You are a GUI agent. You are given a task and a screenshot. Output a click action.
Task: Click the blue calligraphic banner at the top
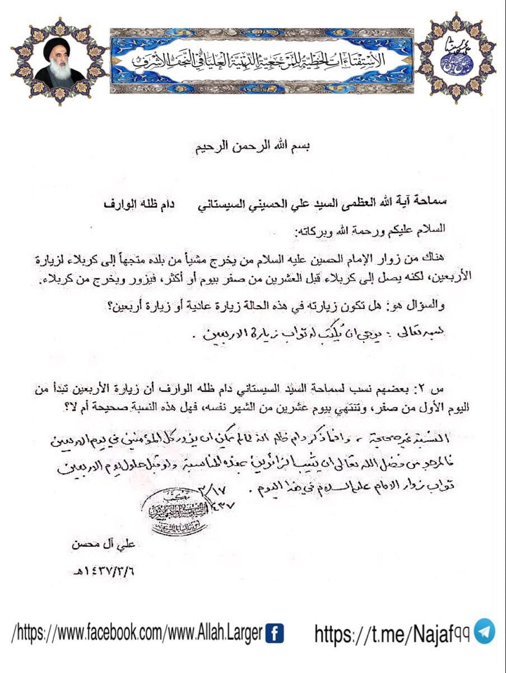tap(262, 60)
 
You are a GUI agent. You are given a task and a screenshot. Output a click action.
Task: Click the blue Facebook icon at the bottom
tap(273, 634)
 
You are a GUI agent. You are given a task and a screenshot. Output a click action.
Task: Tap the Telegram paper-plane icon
tap(484, 631)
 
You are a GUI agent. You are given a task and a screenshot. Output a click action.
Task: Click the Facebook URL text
tap(137, 634)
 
